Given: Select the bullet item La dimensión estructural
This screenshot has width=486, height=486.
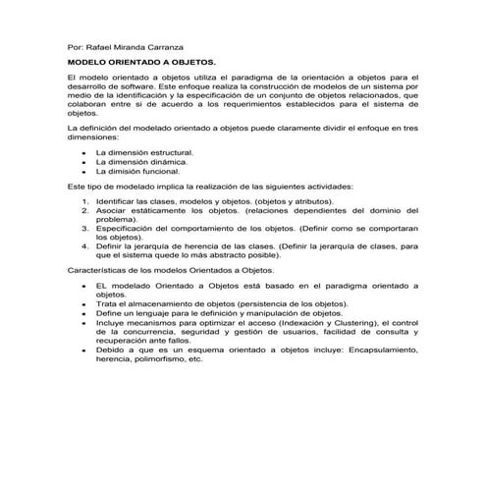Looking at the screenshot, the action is (144, 154).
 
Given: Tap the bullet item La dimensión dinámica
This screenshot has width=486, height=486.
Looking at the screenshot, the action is (139, 162).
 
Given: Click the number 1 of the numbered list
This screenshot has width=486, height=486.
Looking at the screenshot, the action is (87, 201).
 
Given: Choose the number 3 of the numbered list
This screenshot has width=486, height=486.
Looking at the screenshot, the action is (87, 228).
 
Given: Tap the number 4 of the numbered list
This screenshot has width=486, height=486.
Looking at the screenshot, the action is (87, 245).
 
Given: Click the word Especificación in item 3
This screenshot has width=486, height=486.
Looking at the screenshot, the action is (125, 228).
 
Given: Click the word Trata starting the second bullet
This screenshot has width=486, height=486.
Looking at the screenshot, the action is (106, 303).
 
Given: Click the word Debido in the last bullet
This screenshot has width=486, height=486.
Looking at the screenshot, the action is (111, 350).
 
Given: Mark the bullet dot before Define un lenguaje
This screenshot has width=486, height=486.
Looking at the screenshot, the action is (87, 313).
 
